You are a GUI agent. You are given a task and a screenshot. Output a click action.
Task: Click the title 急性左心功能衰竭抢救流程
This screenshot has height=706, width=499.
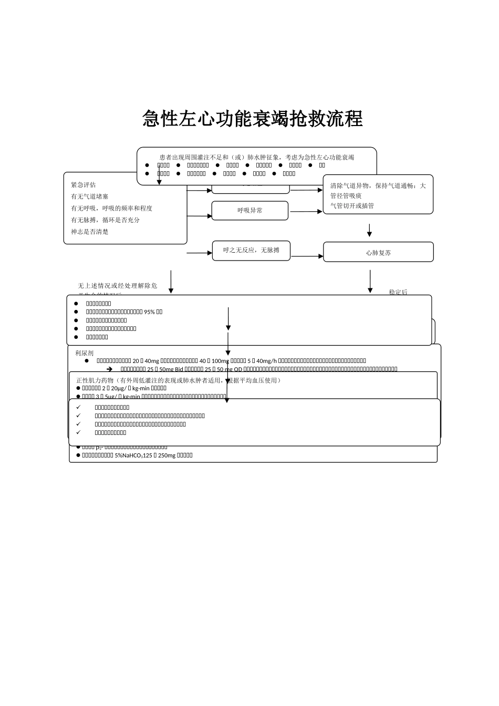pos(253,119)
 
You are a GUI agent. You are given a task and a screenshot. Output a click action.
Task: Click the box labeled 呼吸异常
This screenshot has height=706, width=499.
pos(250,211)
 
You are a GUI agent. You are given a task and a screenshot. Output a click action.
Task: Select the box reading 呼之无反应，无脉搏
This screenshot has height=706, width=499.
pos(251,251)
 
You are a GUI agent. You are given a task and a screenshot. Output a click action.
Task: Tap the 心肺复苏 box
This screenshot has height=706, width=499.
pos(378,253)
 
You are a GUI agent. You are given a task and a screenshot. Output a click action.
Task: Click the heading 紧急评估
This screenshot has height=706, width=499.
pos(84,185)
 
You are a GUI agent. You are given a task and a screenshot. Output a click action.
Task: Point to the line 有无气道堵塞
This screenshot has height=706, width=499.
pos(90,196)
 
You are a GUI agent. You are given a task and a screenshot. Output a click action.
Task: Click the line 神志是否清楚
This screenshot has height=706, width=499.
pos(90,232)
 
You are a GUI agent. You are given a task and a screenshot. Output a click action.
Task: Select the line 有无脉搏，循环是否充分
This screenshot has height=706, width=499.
pos(106,220)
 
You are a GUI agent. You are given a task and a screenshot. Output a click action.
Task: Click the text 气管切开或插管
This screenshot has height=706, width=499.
pos(352,206)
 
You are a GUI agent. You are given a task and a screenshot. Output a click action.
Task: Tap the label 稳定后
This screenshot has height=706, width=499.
pos(398,292)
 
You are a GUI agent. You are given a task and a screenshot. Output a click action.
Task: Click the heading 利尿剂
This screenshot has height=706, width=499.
pos(85,353)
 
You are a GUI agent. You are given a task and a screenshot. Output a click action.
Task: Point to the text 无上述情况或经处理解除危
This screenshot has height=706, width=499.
pos(118,286)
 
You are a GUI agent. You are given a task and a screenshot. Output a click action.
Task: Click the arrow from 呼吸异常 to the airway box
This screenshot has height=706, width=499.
pos(306,212)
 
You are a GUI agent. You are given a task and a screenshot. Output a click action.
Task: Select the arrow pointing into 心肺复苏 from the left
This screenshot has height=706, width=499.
pos(307,256)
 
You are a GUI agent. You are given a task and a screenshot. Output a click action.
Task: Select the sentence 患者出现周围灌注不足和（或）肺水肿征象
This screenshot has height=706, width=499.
pos(221,157)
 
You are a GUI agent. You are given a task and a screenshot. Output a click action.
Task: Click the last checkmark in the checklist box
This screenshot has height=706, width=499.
pos(78,433)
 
